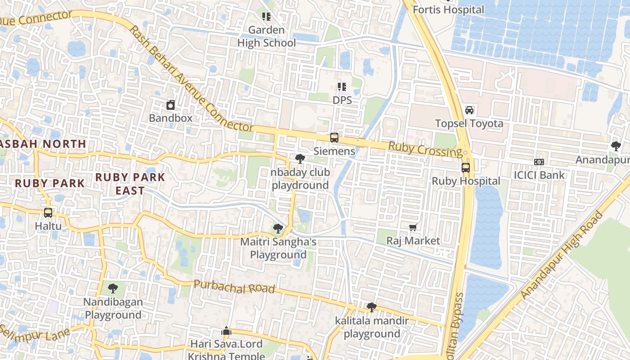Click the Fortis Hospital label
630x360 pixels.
(x=448, y=9)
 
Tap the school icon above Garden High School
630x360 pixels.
(x=266, y=17)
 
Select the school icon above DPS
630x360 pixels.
(x=342, y=87)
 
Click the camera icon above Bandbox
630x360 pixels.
(x=171, y=105)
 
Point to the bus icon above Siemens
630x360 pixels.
(x=334, y=138)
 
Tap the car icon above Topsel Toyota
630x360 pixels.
(x=469, y=110)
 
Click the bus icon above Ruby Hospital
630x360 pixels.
(x=466, y=168)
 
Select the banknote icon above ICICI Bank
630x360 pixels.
(x=539, y=162)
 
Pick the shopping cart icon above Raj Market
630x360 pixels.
(x=413, y=228)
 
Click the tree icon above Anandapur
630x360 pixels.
(x=616, y=146)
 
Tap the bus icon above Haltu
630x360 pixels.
(x=48, y=212)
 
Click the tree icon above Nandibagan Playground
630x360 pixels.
(x=113, y=288)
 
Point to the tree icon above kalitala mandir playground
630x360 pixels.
(x=372, y=307)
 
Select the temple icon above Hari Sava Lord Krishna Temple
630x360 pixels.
(x=226, y=331)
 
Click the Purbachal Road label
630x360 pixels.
(x=234, y=287)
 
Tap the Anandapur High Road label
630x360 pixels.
(x=562, y=255)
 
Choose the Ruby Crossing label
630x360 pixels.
(x=425, y=149)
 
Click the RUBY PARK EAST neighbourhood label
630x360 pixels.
(x=130, y=184)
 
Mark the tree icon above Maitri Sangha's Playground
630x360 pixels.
(x=278, y=229)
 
